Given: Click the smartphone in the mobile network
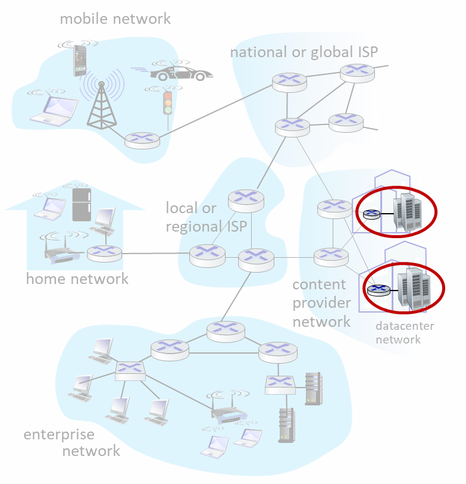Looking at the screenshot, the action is (x=79, y=61).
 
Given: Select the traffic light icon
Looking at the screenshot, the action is (x=168, y=103).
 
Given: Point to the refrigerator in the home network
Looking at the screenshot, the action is (x=82, y=205).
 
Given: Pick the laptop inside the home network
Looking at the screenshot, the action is (x=51, y=209).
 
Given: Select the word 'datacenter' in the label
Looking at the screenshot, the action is (x=405, y=326).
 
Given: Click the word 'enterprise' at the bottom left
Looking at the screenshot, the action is (x=59, y=435).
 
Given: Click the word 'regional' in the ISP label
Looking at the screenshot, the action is (x=193, y=227).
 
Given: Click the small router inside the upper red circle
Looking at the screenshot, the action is (x=371, y=214).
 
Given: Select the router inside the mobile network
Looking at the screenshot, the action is (x=142, y=140).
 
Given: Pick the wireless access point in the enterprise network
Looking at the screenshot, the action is (x=229, y=410).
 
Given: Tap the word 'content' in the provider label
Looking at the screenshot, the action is (x=319, y=285).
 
